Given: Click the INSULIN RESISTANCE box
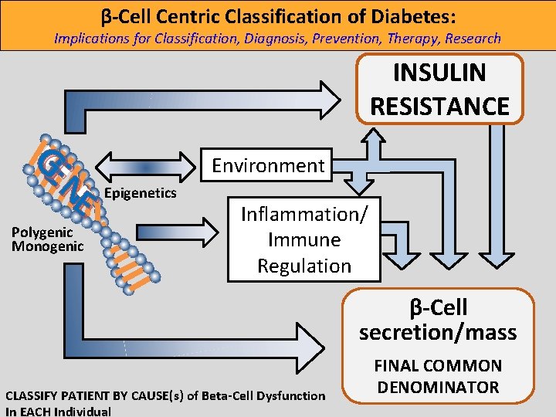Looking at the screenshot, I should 440,89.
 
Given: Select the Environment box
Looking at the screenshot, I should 268,165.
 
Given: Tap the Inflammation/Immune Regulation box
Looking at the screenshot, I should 304,239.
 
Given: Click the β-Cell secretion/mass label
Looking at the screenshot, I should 437,320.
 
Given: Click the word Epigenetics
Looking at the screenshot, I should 141,193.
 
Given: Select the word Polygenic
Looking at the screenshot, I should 42,232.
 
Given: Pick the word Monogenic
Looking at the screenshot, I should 47,246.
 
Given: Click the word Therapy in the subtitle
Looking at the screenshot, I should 409,38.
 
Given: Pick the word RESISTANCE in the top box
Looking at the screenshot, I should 440,106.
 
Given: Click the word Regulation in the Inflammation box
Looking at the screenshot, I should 304,266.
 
